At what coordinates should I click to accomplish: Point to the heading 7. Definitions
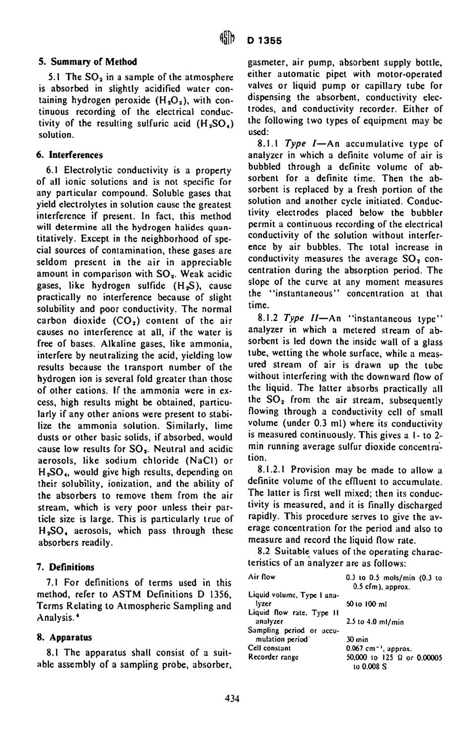point(67,567)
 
